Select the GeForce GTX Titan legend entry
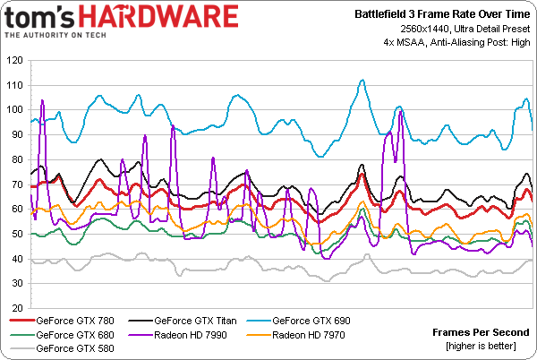193,320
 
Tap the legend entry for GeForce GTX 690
310,320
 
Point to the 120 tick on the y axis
14,61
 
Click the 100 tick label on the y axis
14,110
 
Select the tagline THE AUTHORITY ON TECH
56,35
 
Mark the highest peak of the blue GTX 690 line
362,80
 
